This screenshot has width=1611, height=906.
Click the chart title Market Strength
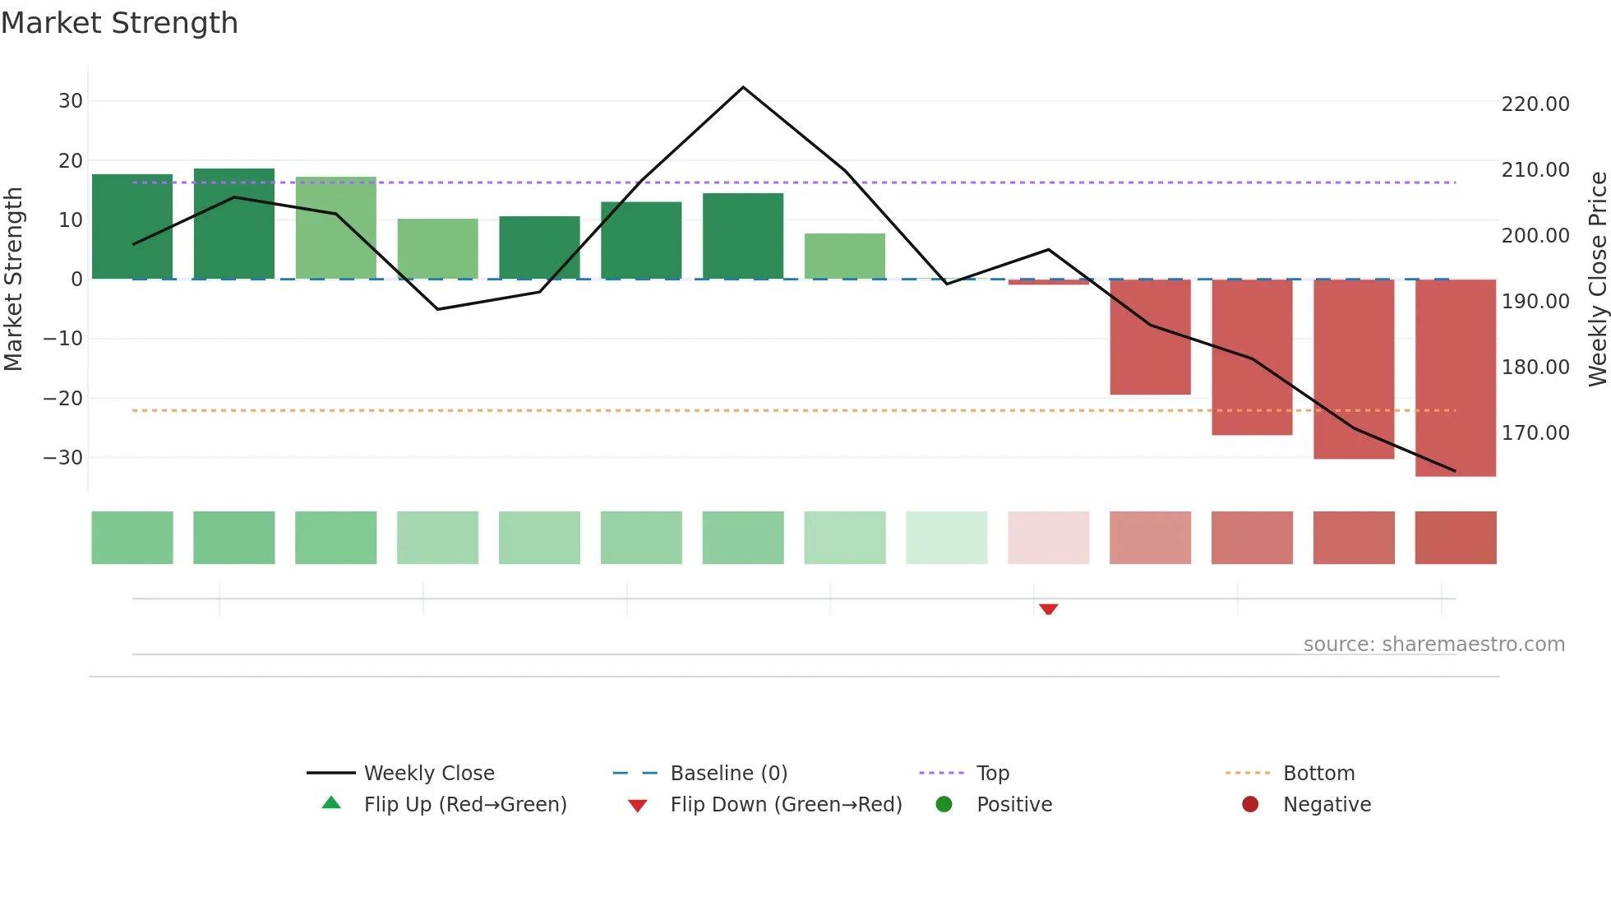(x=119, y=23)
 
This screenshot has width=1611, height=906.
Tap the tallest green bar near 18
(x=234, y=224)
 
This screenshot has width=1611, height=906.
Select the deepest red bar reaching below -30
(x=1455, y=378)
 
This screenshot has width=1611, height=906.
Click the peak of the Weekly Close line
(x=743, y=87)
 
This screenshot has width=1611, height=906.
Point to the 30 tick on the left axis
(x=71, y=101)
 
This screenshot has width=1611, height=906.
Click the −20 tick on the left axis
(x=63, y=399)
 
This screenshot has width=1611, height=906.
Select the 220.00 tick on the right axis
(x=1535, y=104)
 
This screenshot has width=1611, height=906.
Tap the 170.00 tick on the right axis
(x=1535, y=433)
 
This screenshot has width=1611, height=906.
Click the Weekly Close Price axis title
(x=1597, y=280)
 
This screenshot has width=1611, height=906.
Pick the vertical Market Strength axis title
(x=13, y=280)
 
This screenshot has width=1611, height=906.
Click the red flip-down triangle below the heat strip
(x=1048, y=608)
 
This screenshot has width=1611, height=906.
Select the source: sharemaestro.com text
(x=1433, y=645)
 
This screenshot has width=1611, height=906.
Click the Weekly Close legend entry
(x=428, y=774)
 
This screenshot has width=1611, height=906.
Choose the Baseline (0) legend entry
(x=728, y=774)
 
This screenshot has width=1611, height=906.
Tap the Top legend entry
(x=992, y=774)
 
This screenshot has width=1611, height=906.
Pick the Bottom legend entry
(x=1318, y=774)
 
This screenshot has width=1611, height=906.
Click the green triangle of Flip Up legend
(x=331, y=803)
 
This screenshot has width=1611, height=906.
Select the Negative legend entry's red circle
(x=1250, y=804)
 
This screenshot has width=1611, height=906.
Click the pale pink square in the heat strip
(x=1048, y=538)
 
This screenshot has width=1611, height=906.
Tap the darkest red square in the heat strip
(x=1455, y=538)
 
